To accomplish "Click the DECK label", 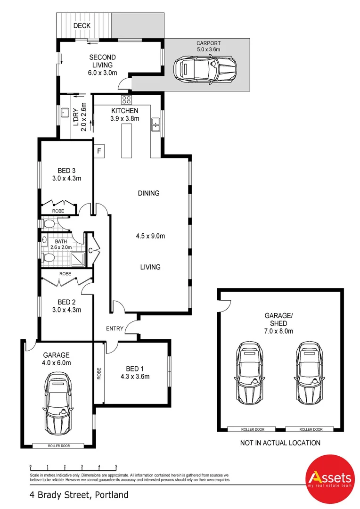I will [x=82, y=25].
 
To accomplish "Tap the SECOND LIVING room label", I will [x=102, y=65].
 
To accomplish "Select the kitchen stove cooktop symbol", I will [x=126, y=99].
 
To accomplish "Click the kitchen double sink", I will [x=155, y=125].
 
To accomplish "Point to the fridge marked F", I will [x=99, y=151].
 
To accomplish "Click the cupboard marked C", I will [x=90, y=250].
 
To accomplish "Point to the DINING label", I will [x=148, y=193].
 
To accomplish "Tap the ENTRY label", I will [x=115, y=328].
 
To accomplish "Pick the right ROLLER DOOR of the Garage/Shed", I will [x=311, y=429].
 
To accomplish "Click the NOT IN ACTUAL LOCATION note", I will [x=280, y=443].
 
